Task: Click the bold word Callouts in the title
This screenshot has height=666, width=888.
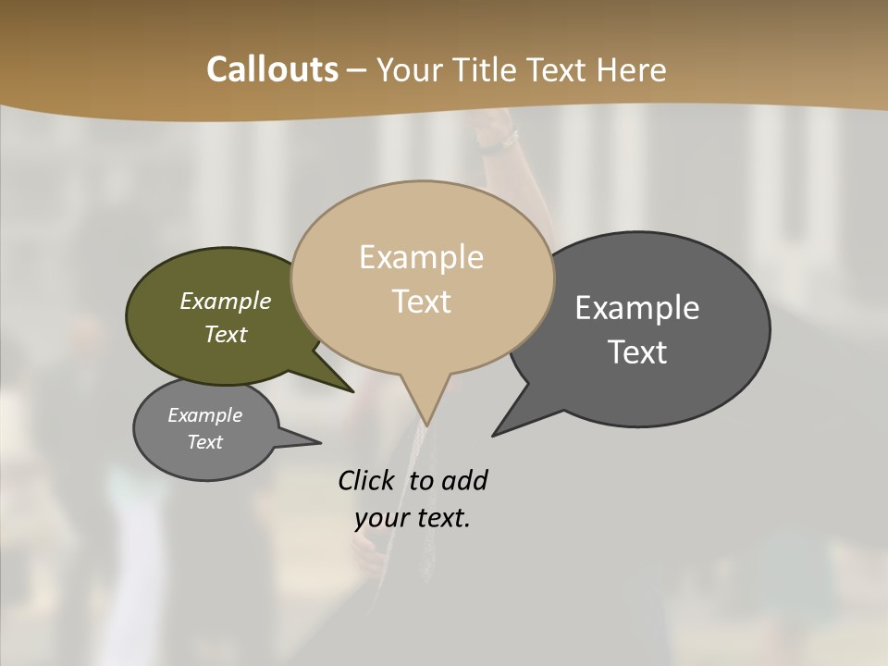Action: (272, 69)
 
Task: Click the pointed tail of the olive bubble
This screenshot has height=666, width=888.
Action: (351, 390)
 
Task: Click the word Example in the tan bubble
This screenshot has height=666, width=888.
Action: (422, 257)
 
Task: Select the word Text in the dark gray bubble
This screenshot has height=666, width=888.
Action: (637, 352)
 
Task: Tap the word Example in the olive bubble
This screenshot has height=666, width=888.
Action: (226, 302)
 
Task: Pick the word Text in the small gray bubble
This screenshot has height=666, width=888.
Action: (205, 442)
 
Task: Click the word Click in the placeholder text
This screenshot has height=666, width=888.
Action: (365, 480)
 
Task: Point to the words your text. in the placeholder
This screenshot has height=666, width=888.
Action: (413, 518)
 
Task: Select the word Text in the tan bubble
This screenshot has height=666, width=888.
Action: (422, 302)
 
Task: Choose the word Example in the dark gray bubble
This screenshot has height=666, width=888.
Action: (637, 308)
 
